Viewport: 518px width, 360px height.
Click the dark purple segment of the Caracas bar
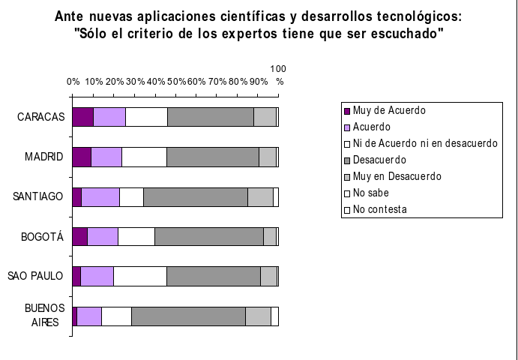[83, 117]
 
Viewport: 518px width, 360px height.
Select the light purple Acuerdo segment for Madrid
[106, 157]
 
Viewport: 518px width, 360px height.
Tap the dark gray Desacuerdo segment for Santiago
[195, 196]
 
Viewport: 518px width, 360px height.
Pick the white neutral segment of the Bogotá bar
[136, 236]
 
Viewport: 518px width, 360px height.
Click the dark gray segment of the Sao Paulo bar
[213, 276]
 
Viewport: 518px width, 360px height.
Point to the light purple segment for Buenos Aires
[89, 316]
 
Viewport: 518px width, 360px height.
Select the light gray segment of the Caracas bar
[265, 117]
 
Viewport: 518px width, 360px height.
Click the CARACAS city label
[41, 118]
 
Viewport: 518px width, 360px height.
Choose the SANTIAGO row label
[38, 197]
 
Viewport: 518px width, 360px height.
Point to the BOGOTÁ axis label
[42, 237]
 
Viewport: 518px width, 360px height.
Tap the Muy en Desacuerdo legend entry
[397, 176]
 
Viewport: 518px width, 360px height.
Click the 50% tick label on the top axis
[176, 81]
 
